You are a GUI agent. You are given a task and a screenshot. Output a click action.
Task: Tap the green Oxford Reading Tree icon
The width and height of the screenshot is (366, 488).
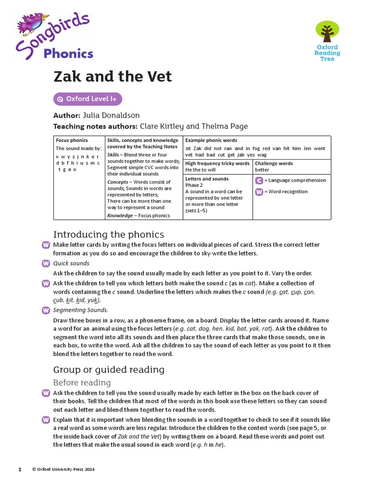click(x=327, y=31)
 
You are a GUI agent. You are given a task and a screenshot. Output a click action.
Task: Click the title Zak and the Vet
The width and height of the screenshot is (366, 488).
click(x=112, y=76)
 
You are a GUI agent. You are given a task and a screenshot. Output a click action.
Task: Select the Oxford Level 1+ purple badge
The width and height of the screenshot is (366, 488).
click(x=88, y=99)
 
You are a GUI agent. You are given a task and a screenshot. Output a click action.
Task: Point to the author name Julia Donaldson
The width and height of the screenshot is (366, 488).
click(x=111, y=115)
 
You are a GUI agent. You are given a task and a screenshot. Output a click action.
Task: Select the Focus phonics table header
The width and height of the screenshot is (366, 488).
click(x=72, y=141)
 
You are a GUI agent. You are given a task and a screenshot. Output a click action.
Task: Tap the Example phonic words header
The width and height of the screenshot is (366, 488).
click(x=211, y=141)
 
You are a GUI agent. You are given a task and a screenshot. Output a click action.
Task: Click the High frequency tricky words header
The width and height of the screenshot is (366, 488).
click(x=217, y=163)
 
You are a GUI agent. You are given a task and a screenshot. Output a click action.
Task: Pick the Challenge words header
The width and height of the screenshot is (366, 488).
click(x=274, y=163)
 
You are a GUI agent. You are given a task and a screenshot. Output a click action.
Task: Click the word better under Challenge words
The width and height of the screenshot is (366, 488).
click(x=262, y=170)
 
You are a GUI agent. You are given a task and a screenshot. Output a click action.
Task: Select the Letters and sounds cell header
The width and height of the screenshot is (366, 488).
click(x=207, y=179)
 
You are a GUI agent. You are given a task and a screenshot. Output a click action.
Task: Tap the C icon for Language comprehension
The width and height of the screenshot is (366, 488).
click(x=259, y=180)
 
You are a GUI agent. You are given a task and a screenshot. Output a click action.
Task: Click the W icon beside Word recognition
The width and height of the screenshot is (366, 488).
click(x=259, y=192)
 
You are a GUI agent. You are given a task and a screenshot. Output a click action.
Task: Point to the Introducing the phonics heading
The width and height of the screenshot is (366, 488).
click(x=108, y=234)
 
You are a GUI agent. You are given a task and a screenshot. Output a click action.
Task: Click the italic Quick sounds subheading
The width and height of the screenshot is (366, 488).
click(x=71, y=263)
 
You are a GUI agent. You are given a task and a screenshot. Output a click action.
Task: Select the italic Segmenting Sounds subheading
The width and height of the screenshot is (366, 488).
click(x=81, y=310)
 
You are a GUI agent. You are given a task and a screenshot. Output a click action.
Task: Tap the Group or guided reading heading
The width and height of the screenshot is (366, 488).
click(x=109, y=369)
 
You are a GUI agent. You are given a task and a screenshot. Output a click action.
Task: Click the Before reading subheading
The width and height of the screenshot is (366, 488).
click(x=81, y=383)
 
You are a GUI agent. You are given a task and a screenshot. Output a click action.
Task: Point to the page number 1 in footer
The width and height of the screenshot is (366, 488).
click(x=20, y=469)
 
